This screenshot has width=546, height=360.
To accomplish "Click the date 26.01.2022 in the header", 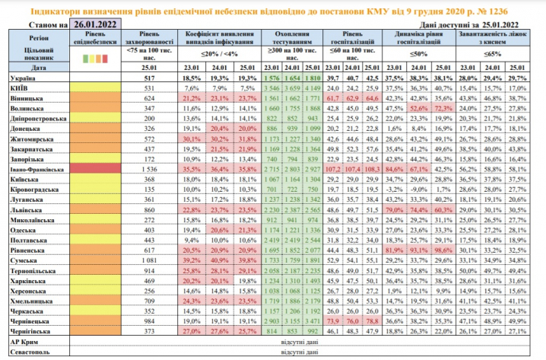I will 95,25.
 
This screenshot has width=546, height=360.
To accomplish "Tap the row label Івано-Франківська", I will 36,169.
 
